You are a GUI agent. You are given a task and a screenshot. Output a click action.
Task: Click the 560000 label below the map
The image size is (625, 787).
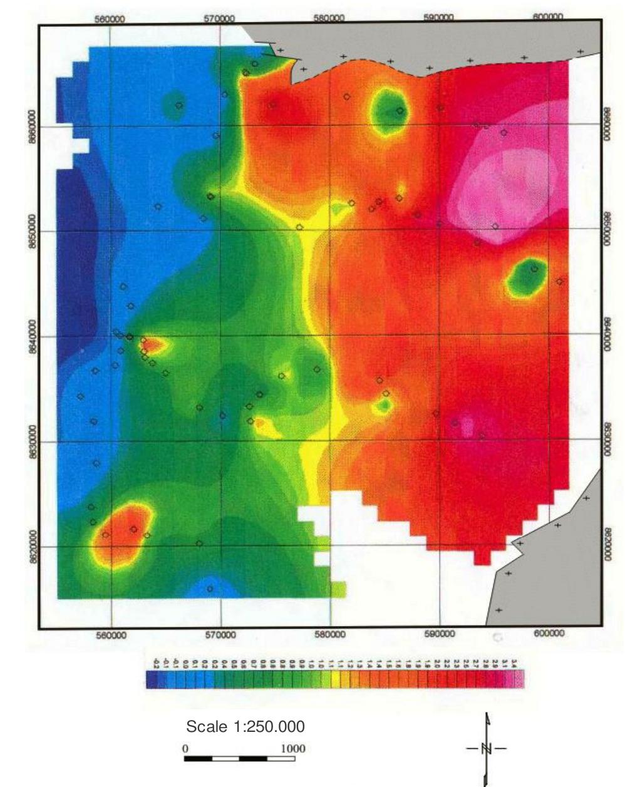coord(111,635)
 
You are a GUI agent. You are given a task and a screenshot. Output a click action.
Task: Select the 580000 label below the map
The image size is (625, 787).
coord(330,635)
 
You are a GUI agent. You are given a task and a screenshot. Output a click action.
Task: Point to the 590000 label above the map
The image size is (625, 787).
coord(438,18)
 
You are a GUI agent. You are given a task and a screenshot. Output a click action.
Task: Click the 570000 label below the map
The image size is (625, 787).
coord(220,635)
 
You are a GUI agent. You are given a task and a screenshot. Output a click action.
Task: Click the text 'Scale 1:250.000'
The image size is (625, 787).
coord(245,727)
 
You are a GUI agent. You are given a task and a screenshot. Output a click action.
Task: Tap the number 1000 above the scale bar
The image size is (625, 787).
coord(293,748)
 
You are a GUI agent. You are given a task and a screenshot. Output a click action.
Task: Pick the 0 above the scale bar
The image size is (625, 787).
coord(185,748)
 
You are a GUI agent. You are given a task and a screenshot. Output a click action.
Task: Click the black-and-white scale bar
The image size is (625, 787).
coord(239,759)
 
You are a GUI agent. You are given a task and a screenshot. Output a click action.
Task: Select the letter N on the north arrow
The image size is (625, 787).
coord(487,748)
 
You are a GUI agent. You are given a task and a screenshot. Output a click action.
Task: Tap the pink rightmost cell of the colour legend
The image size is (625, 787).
coord(519,680)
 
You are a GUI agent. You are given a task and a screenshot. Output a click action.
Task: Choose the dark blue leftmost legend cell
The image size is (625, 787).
coord(151,680)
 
